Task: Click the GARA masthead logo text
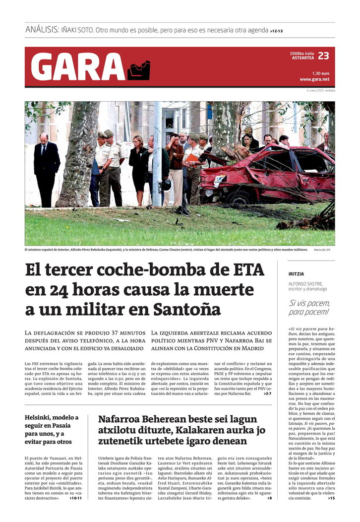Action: (x=78, y=67)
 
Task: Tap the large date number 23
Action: (x=323, y=56)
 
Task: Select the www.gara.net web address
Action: (x=314, y=79)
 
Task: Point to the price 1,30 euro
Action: (x=321, y=73)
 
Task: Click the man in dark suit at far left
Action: (x=47, y=169)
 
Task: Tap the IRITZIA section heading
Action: (x=296, y=274)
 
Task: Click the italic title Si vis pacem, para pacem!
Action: (x=309, y=308)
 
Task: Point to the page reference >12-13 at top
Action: (x=277, y=31)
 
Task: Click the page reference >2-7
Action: (x=267, y=393)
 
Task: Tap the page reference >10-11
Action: (x=76, y=498)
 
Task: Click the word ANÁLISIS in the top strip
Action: (x=42, y=30)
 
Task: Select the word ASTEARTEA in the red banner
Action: (x=302, y=58)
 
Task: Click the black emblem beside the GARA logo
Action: (x=139, y=70)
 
